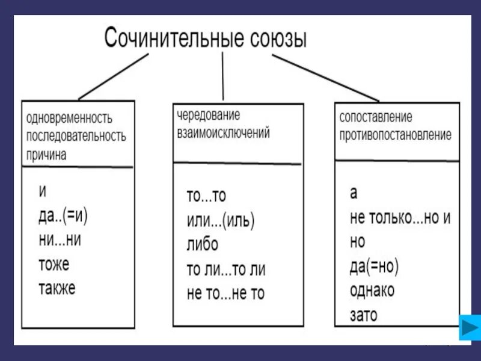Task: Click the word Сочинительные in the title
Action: (x=173, y=38)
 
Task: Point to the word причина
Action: (x=46, y=154)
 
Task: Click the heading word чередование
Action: (x=208, y=114)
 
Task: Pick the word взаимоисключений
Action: (x=223, y=133)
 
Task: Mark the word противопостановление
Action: (x=395, y=135)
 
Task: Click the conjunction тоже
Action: (x=54, y=264)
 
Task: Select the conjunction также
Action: (x=57, y=288)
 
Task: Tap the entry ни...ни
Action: (x=58, y=239)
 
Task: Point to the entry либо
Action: (x=203, y=244)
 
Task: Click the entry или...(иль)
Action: (x=221, y=221)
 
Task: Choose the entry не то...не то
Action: (x=225, y=293)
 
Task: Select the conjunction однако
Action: (x=372, y=290)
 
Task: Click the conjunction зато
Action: (x=364, y=314)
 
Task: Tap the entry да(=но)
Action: (x=374, y=265)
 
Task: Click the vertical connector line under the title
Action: (x=224, y=75)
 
